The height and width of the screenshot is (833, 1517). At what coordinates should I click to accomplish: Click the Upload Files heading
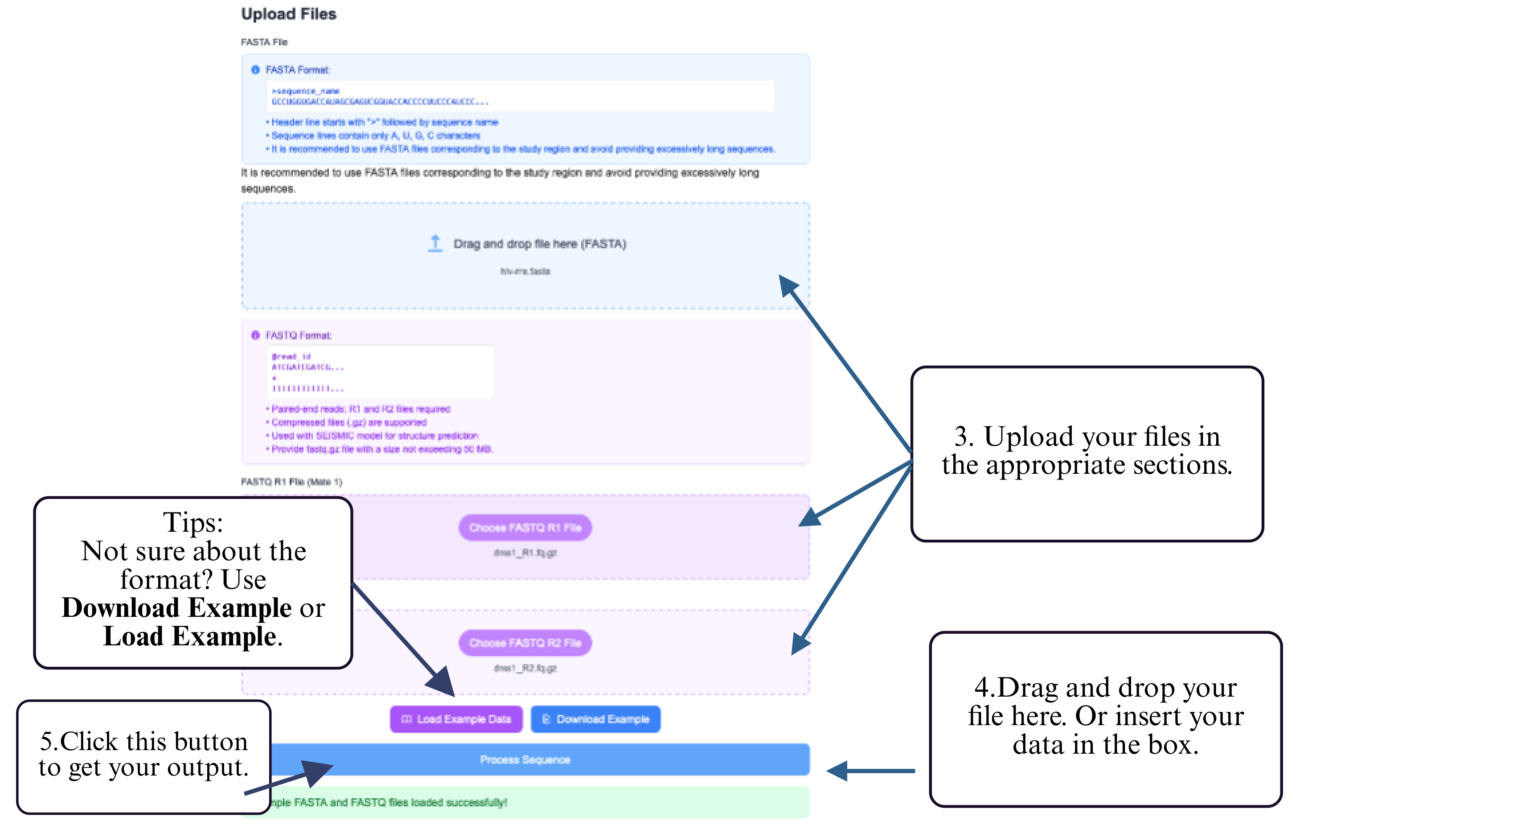point(289,14)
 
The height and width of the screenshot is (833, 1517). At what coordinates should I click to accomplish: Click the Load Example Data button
point(456,719)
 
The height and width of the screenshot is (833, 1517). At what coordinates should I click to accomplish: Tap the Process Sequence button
point(525,760)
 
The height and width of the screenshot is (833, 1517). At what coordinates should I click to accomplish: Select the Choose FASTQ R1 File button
point(525,528)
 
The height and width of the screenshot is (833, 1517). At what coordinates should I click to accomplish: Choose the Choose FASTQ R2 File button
point(525,643)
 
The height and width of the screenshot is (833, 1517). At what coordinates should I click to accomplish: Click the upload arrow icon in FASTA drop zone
point(435,243)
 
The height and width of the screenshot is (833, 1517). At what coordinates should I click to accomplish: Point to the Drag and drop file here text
point(539,244)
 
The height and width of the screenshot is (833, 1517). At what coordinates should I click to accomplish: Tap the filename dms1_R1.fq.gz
point(525,553)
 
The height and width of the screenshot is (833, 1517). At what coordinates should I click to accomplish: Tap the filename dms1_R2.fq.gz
point(525,668)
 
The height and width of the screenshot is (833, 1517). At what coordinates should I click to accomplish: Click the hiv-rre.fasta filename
point(525,271)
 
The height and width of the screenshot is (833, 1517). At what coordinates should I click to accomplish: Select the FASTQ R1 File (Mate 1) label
point(291,482)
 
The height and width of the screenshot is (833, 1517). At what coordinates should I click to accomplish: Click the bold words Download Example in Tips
point(176,608)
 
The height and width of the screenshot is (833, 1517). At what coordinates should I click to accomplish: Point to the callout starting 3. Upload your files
point(1086,451)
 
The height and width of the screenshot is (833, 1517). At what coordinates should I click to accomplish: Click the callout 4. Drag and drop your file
point(1105,716)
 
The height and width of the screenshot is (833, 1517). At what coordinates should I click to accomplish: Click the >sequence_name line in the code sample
point(306,91)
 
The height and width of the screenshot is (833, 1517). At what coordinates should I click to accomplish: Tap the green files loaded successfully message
point(389,802)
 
